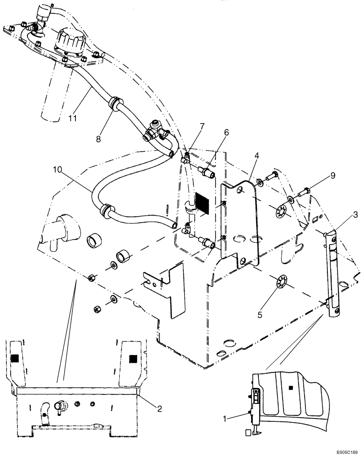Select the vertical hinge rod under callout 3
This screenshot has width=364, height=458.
tap(333, 275)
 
